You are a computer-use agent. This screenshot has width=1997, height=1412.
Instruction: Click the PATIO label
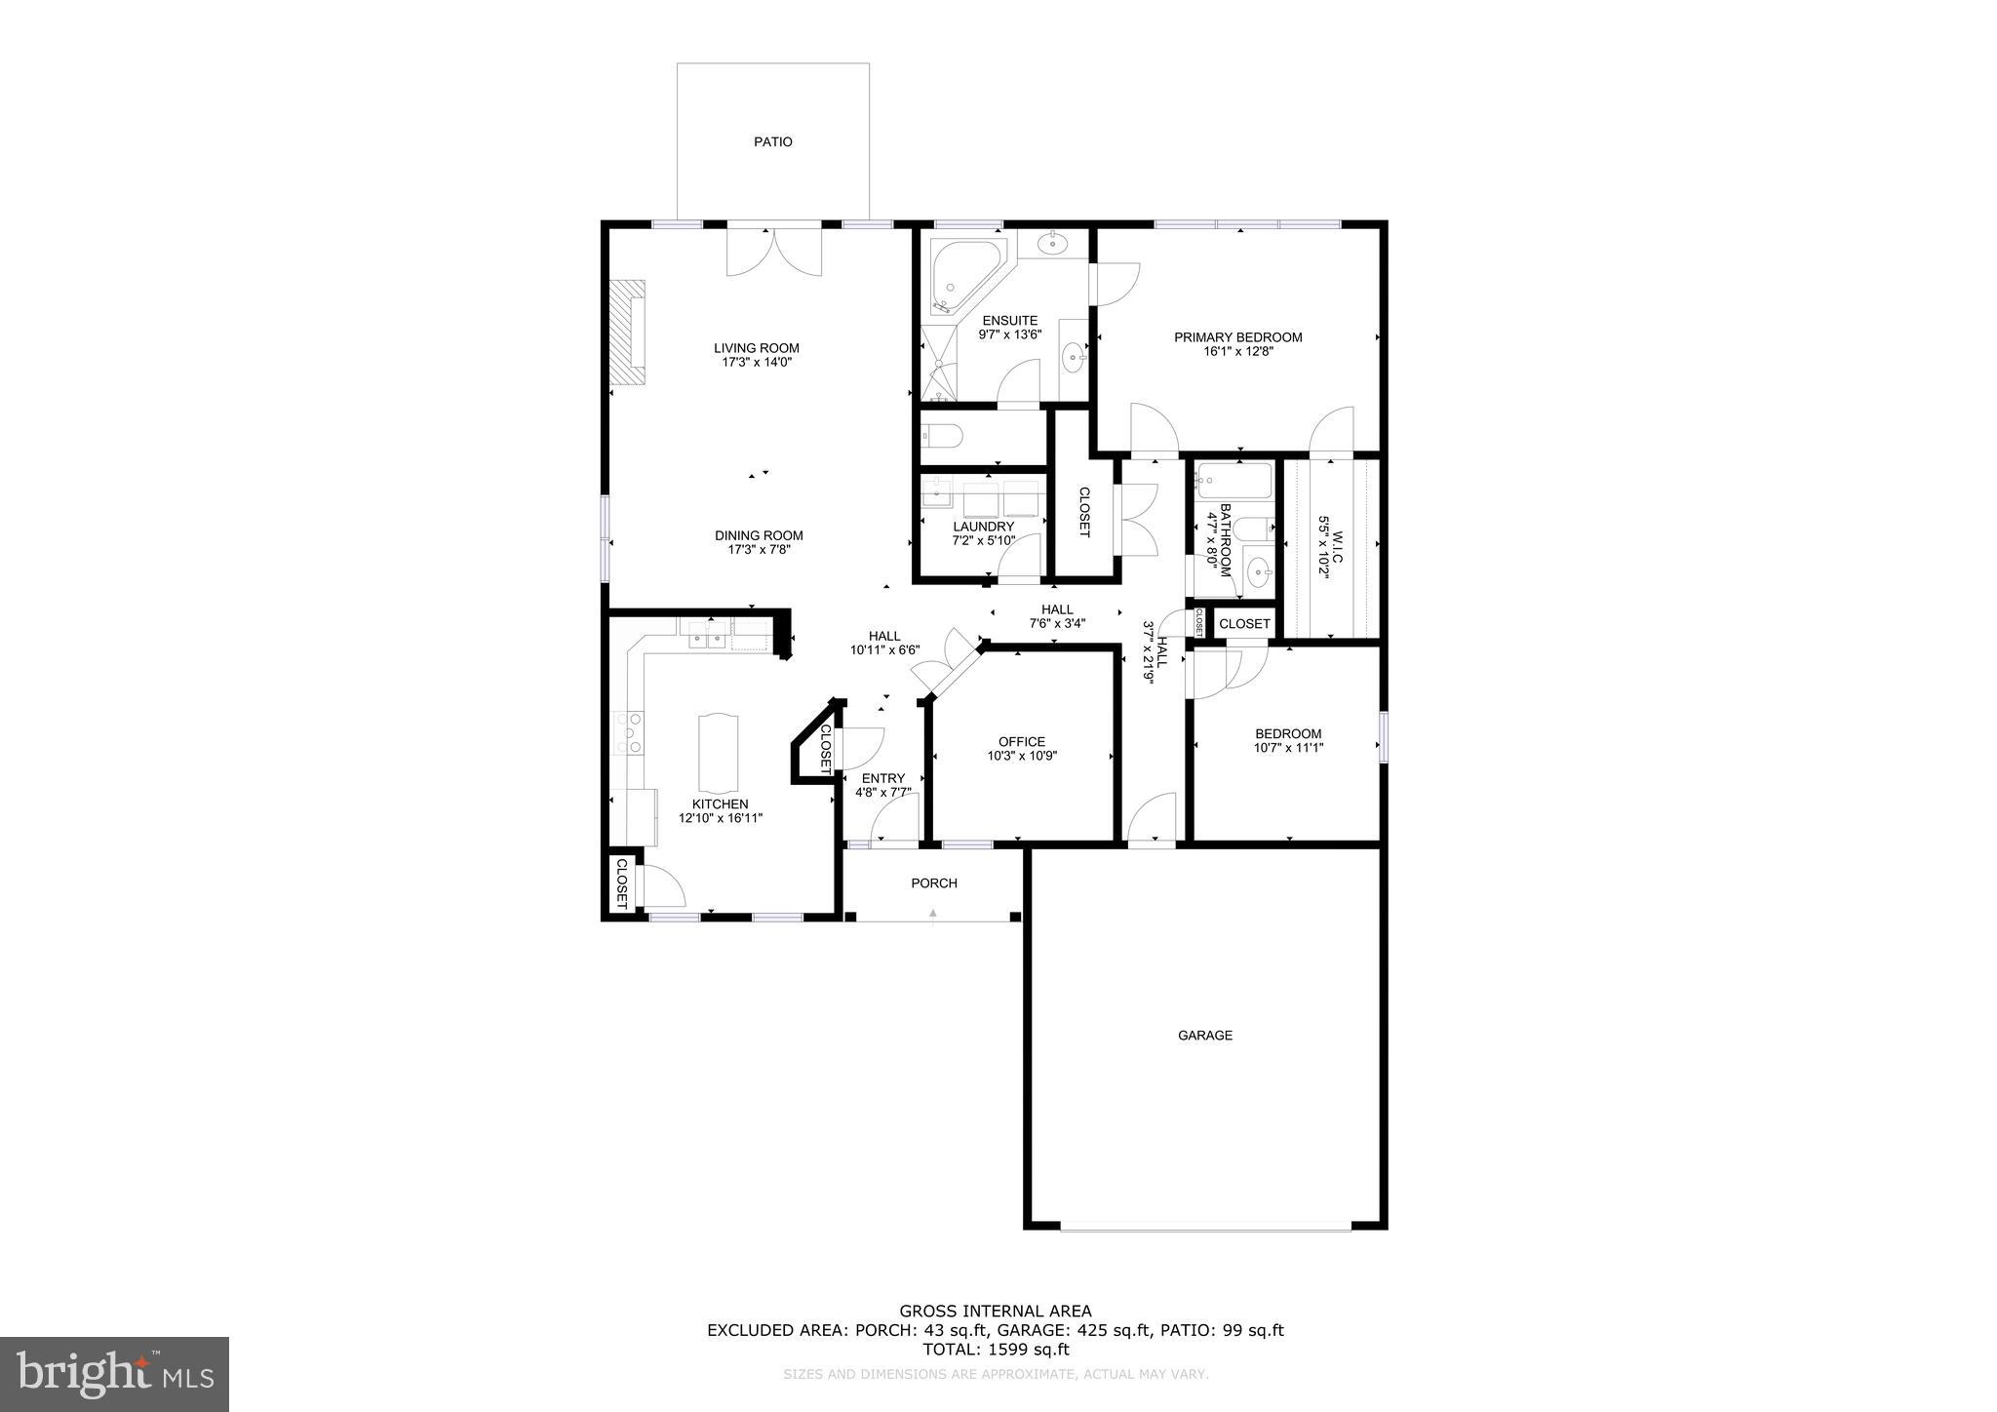coord(772,142)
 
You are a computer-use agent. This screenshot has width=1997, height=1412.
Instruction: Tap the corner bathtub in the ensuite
coord(963,274)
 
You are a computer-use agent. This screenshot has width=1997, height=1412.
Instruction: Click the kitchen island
coord(719,753)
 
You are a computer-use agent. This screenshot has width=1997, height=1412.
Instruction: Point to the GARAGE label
coord(1204,1036)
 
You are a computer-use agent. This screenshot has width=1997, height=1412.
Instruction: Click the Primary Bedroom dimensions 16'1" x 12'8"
coord(1237,352)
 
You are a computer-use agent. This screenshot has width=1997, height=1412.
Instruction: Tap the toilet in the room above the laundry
coord(943,435)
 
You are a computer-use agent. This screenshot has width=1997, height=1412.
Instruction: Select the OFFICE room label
coord(1021,741)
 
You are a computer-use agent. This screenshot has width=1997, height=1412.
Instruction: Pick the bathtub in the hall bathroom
coord(1234,481)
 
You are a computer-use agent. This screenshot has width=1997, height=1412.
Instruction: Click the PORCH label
coord(933,883)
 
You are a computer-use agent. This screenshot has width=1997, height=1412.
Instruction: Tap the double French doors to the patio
coord(774,252)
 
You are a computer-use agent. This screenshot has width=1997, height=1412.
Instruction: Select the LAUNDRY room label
coord(983,527)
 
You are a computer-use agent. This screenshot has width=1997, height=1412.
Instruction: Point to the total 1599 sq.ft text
coord(996,1350)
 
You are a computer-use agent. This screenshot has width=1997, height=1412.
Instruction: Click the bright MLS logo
coord(114,1375)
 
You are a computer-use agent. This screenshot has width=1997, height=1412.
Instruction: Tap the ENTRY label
coord(882,778)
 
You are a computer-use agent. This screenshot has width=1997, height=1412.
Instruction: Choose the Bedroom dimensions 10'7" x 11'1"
coord(1288,749)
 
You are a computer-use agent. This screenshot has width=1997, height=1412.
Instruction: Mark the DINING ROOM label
coord(759,535)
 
